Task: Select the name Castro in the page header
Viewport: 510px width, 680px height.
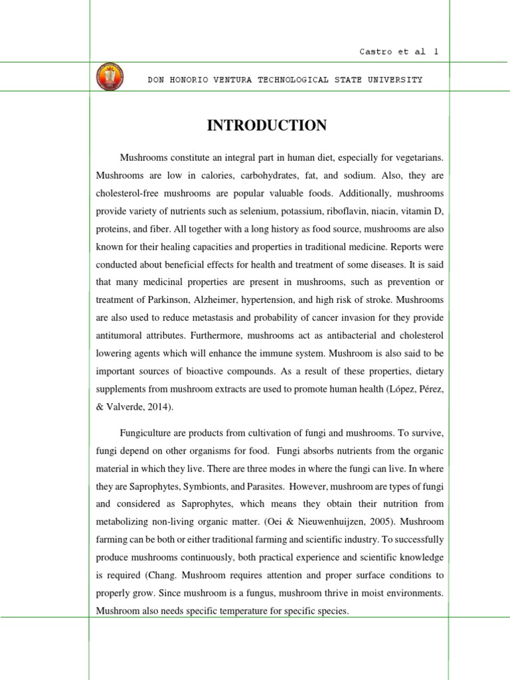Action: (x=373, y=52)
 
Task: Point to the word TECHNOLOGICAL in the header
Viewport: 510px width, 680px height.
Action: (x=293, y=80)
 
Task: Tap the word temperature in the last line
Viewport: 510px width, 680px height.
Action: (x=222, y=609)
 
